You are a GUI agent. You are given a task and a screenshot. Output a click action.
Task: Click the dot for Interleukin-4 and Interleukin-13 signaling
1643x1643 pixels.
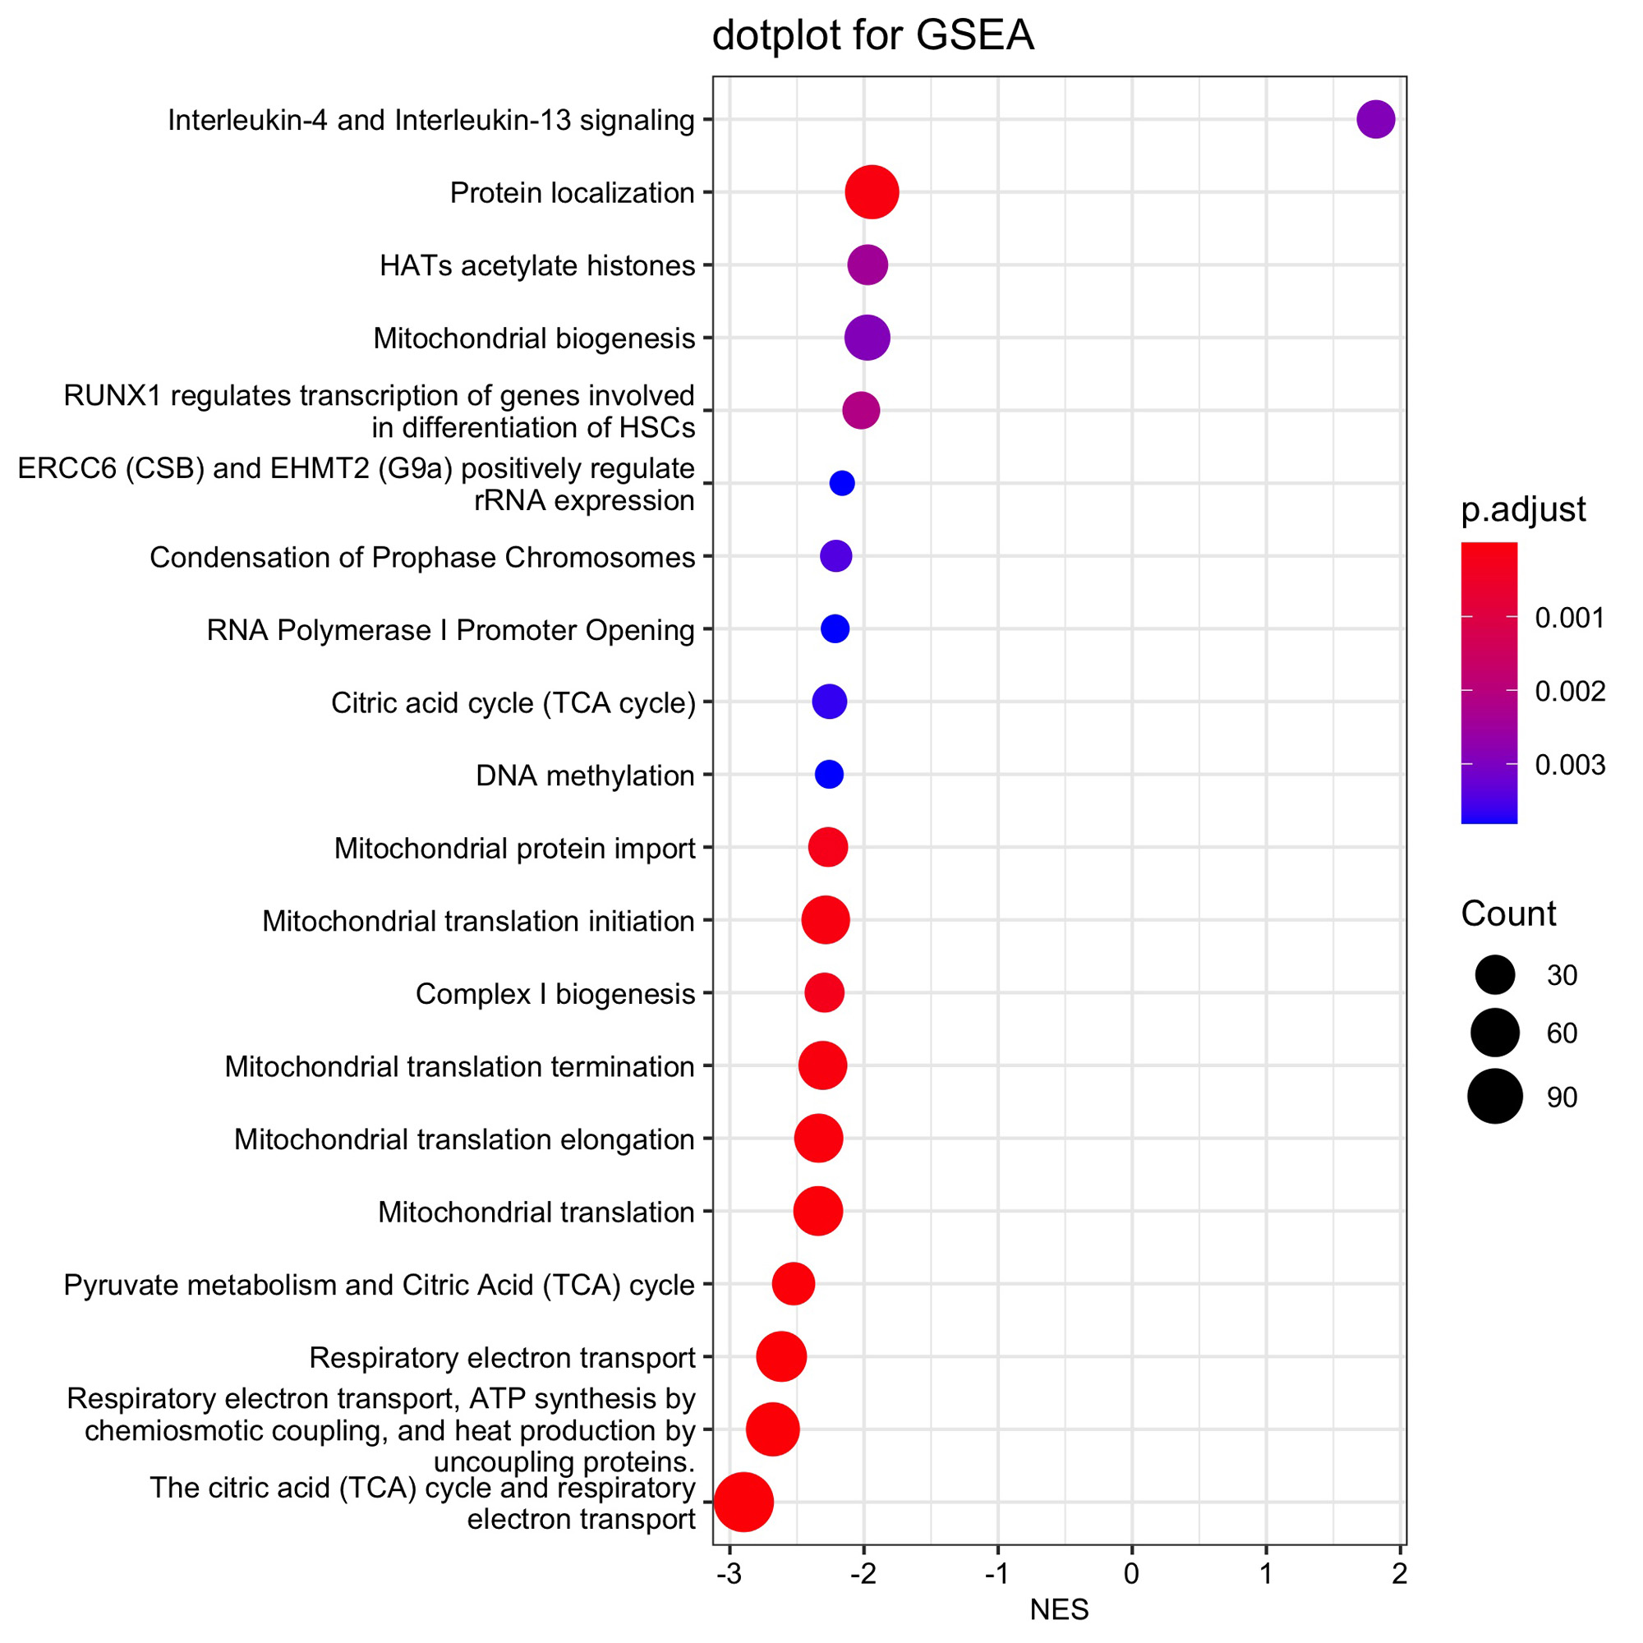[x=1375, y=119]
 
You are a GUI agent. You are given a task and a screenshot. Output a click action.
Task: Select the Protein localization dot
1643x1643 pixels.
[x=872, y=192]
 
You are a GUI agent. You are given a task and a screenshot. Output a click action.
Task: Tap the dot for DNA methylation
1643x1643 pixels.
[x=829, y=775]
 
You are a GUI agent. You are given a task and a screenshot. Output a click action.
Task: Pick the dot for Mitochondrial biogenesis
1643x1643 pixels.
[x=868, y=338]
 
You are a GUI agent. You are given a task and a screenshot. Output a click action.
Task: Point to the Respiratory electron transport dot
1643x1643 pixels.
[x=781, y=1357]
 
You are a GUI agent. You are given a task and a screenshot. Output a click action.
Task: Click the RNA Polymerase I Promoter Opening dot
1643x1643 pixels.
[x=835, y=629]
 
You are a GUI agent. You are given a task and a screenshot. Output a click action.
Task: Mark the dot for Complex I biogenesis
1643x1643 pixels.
[x=825, y=993]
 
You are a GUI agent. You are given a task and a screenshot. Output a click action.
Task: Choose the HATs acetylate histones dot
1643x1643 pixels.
[x=868, y=265]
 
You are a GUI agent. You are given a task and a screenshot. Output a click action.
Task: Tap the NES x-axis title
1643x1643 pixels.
[x=1059, y=1610]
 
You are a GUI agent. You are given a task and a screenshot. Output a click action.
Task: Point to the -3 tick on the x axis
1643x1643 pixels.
[x=729, y=1574]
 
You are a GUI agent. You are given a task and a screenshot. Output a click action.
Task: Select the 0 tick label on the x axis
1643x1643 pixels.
[x=1132, y=1574]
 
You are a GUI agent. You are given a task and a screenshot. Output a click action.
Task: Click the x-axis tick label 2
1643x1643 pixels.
[x=1400, y=1574]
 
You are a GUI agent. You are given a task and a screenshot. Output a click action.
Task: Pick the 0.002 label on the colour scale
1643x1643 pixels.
[x=1570, y=692]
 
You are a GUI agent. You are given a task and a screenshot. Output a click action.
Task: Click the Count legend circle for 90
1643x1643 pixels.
[x=1494, y=1097]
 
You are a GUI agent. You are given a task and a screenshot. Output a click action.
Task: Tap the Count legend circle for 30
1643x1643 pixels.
[x=1494, y=974]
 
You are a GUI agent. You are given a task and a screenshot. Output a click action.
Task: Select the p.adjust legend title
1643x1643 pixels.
[x=1523, y=509]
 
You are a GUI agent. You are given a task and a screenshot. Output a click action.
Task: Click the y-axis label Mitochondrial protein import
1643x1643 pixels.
[x=514, y=849]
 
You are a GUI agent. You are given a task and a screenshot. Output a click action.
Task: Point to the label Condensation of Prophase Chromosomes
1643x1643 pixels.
[x=421, y=558]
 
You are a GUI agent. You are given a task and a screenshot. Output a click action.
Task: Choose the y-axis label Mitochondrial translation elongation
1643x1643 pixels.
[x=464, y=1139]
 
